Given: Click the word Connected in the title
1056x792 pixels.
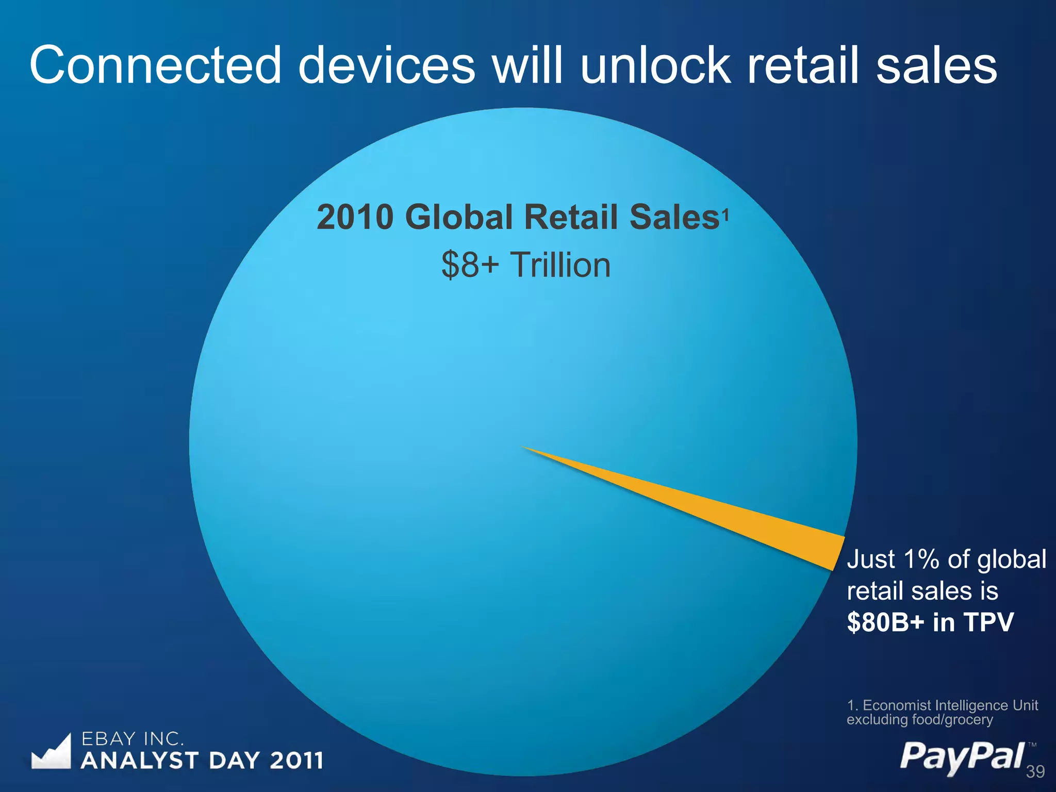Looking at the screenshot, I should (155, 65).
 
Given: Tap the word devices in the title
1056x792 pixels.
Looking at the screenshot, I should (387, 65).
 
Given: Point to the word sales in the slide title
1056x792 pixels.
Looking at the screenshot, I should (936, 65).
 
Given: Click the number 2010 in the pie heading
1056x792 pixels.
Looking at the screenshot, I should (355, 217).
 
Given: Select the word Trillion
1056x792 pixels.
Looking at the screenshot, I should (560, 265).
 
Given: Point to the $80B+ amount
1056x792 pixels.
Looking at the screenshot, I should (886, 622).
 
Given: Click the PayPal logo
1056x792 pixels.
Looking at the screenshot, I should (962, 757).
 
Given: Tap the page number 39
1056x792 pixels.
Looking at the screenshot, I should (1035, 772).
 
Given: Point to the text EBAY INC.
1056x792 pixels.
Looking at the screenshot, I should (133, 739).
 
